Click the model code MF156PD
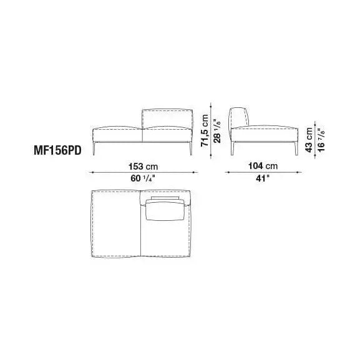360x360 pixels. point(57,151)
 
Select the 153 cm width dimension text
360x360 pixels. point(144,167)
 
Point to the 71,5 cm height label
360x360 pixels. point(205,130)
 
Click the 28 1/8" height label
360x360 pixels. point(216,131)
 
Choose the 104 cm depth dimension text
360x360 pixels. point(263,166)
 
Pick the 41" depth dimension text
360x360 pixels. point(263,178)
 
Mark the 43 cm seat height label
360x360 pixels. point(309,140)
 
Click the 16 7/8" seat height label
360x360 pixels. point(321,140)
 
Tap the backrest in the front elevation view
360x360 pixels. point(167,119)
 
